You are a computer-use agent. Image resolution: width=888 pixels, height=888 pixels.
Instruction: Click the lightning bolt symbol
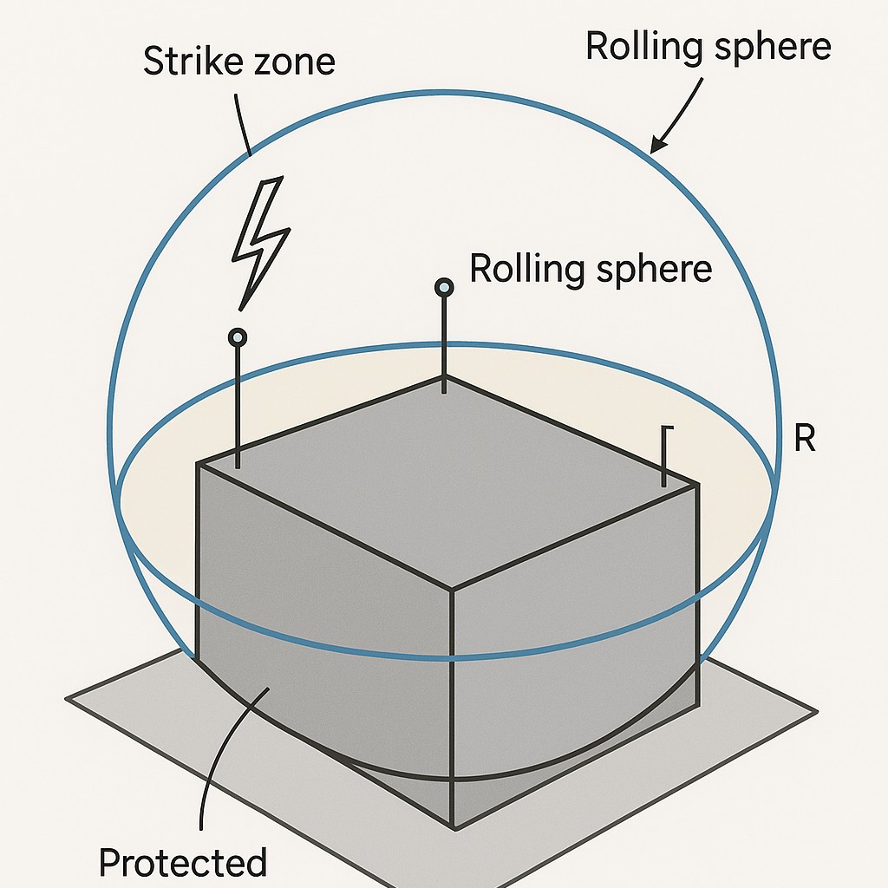[259, 238]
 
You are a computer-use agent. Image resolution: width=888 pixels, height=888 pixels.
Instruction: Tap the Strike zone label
[238, 62]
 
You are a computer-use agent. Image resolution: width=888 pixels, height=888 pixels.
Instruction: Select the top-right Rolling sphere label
[708, 46]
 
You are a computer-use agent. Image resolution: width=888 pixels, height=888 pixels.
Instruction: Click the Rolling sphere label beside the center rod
[591, 270]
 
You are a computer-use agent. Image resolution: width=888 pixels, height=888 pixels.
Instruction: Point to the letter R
[805, 440]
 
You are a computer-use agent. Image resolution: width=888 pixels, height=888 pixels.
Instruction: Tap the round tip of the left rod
[237, 336]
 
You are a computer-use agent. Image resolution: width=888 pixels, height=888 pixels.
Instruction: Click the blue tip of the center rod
[444, 287]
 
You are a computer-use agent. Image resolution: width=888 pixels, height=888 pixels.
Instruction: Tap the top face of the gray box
[447, 477]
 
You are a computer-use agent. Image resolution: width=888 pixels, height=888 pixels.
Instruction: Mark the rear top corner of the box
[444, 377]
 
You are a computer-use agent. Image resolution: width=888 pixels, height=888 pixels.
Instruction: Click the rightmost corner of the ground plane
[816, 713]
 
